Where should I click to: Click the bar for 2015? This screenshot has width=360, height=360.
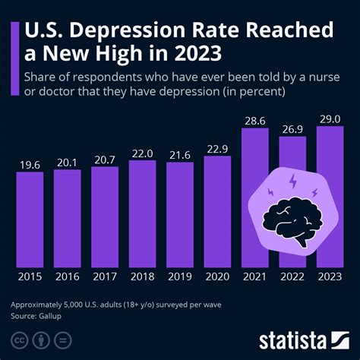(30, 219)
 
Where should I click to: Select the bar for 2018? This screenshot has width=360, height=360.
(143, 213)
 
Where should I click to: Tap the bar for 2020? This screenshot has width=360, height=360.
(217, 211)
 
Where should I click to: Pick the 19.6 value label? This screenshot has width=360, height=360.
(30, 163)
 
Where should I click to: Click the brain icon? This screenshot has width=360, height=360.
(293, 221)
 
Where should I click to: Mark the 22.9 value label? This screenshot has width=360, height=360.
(217, 147)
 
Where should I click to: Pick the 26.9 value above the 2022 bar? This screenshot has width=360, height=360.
(292, 127)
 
